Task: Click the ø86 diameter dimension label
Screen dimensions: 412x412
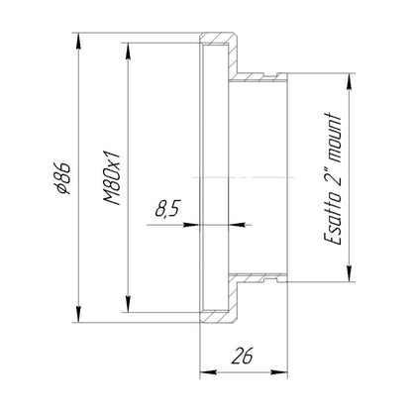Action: [63, 178]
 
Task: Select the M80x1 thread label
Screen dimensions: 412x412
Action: [112, 178]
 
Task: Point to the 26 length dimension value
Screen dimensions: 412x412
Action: [242, 356]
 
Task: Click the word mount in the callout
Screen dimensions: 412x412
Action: [333, 138]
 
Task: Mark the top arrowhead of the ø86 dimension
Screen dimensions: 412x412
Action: [78, 42]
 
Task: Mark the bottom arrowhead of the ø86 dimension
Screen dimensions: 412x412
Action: [78, 314]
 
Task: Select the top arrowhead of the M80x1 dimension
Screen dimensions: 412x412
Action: [128, 51]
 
